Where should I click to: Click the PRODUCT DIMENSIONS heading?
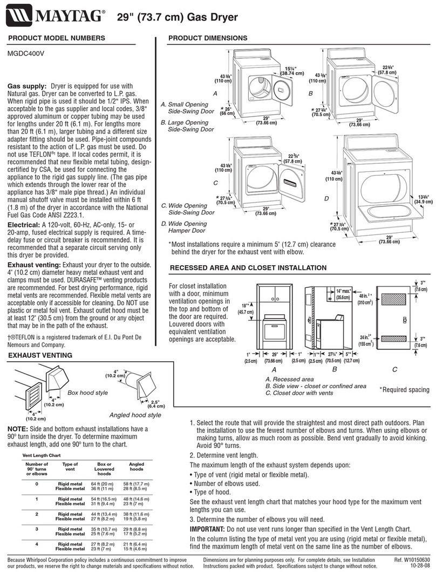[x=208, y=38]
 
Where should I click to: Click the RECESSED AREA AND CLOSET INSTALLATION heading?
[x=248, y=268]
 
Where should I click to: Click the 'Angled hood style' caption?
[x=135, y=415]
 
